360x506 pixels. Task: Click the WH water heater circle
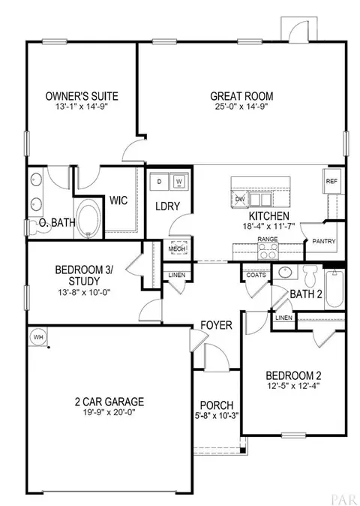tap(38, 337)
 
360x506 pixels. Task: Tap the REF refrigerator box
tap(331, 181)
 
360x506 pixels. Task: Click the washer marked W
tap(179, 182)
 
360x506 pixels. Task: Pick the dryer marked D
tap(159, 182)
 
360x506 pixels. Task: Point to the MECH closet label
tap(177, 248)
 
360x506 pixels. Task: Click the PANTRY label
tap(324, 241)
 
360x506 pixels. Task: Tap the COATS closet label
tap(256, 275)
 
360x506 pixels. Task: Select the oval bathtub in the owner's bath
tap(88, 218)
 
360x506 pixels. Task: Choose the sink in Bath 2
tap(285, 272)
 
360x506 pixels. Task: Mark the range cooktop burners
tap(268, 251)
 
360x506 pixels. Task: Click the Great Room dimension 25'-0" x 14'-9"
tap(241, 107)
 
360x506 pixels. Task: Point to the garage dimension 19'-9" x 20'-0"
tap(109, 412)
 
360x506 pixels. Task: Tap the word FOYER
tap(216, 325)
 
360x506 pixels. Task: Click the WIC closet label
tap(118, 200)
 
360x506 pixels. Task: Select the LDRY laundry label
tap(167, 206)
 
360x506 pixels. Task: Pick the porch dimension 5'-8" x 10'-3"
tap(217, 416)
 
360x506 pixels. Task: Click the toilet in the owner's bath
tap(37, 227)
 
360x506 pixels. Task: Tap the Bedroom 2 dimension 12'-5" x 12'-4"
tap(293, 386)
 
